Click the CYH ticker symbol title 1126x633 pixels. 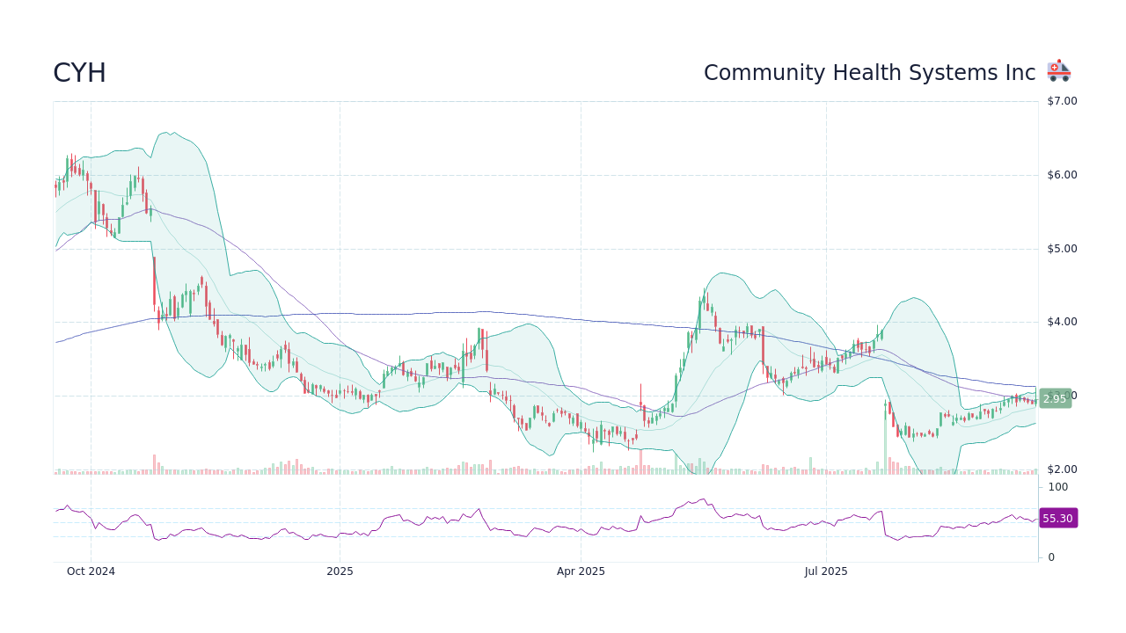79,73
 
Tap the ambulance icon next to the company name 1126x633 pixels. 1058,71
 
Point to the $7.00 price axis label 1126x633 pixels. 1062,101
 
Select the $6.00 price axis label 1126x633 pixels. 1062,175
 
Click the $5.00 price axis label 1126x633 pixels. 1062,249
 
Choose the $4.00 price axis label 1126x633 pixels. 1062,322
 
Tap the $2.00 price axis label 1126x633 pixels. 1062,469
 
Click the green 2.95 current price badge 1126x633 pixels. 1055,399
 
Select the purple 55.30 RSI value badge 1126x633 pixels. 1057,519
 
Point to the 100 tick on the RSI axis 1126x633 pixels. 1057,487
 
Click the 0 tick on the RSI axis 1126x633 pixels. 1051,557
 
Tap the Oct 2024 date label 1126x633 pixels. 91,571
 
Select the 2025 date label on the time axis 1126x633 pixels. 340,571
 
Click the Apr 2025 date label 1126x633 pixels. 581,571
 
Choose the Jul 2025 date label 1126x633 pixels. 826,571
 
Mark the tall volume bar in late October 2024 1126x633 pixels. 154,464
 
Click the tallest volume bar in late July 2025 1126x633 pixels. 885,440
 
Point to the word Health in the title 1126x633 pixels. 864,73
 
